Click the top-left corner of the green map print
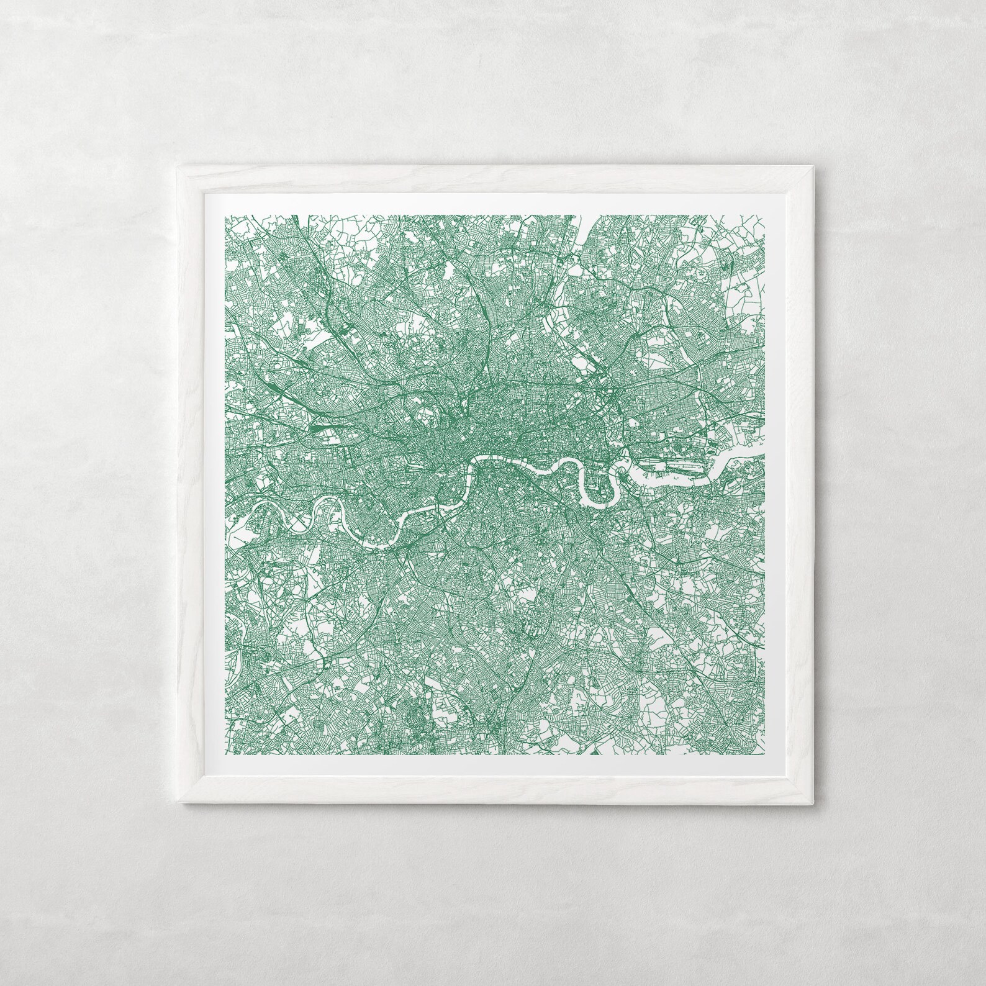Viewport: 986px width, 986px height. click(225, 215)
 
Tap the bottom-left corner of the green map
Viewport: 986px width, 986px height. click(225, 755)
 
